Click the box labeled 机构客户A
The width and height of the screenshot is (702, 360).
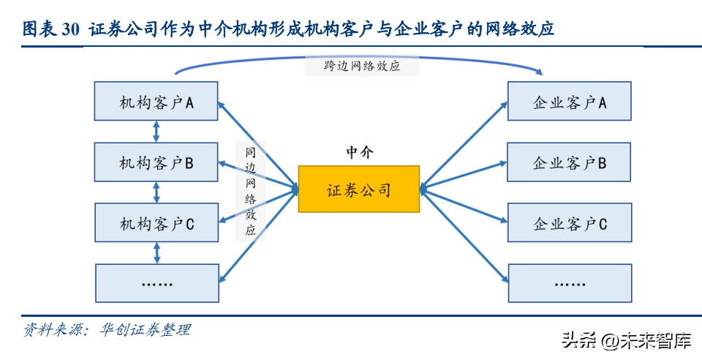tap(156, 102)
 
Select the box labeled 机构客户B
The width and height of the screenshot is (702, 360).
tap(156, 162)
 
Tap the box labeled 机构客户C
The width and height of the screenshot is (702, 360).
tap(156, 223)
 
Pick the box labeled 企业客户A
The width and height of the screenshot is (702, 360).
tap(570, 102)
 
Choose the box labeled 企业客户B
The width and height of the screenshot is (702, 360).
tap(570, 162)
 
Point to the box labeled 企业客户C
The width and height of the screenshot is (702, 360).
tap(570, 223)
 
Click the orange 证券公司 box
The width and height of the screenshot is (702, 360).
tap(358, 190)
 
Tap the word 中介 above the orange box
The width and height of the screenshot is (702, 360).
tap(359, 152)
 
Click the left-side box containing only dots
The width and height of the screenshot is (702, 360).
tap(156, 282)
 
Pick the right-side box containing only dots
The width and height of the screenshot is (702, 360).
tap(570, 282)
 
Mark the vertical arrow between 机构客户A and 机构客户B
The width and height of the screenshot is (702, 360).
tap(156, 132)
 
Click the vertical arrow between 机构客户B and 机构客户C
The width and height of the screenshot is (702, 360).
tap(156, 192)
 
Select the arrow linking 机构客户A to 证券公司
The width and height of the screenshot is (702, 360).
tap(257, 143)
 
